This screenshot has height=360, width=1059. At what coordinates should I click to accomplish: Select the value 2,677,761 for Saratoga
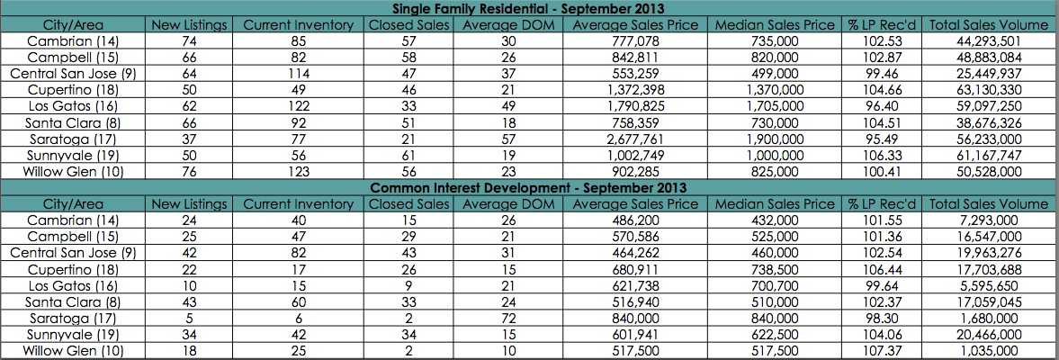635,139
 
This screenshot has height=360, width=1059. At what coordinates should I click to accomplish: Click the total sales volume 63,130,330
988,90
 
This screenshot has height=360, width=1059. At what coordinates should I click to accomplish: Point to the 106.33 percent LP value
880,155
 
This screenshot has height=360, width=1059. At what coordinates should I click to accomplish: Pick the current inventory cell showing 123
298,171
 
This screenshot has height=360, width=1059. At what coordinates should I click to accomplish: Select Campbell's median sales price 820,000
775,58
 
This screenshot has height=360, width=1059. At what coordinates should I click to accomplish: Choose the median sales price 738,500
775,270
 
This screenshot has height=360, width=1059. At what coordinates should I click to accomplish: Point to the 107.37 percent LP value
880,351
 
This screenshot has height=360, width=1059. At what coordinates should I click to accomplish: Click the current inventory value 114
298,74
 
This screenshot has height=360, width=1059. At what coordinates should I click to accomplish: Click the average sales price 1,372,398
635,90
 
